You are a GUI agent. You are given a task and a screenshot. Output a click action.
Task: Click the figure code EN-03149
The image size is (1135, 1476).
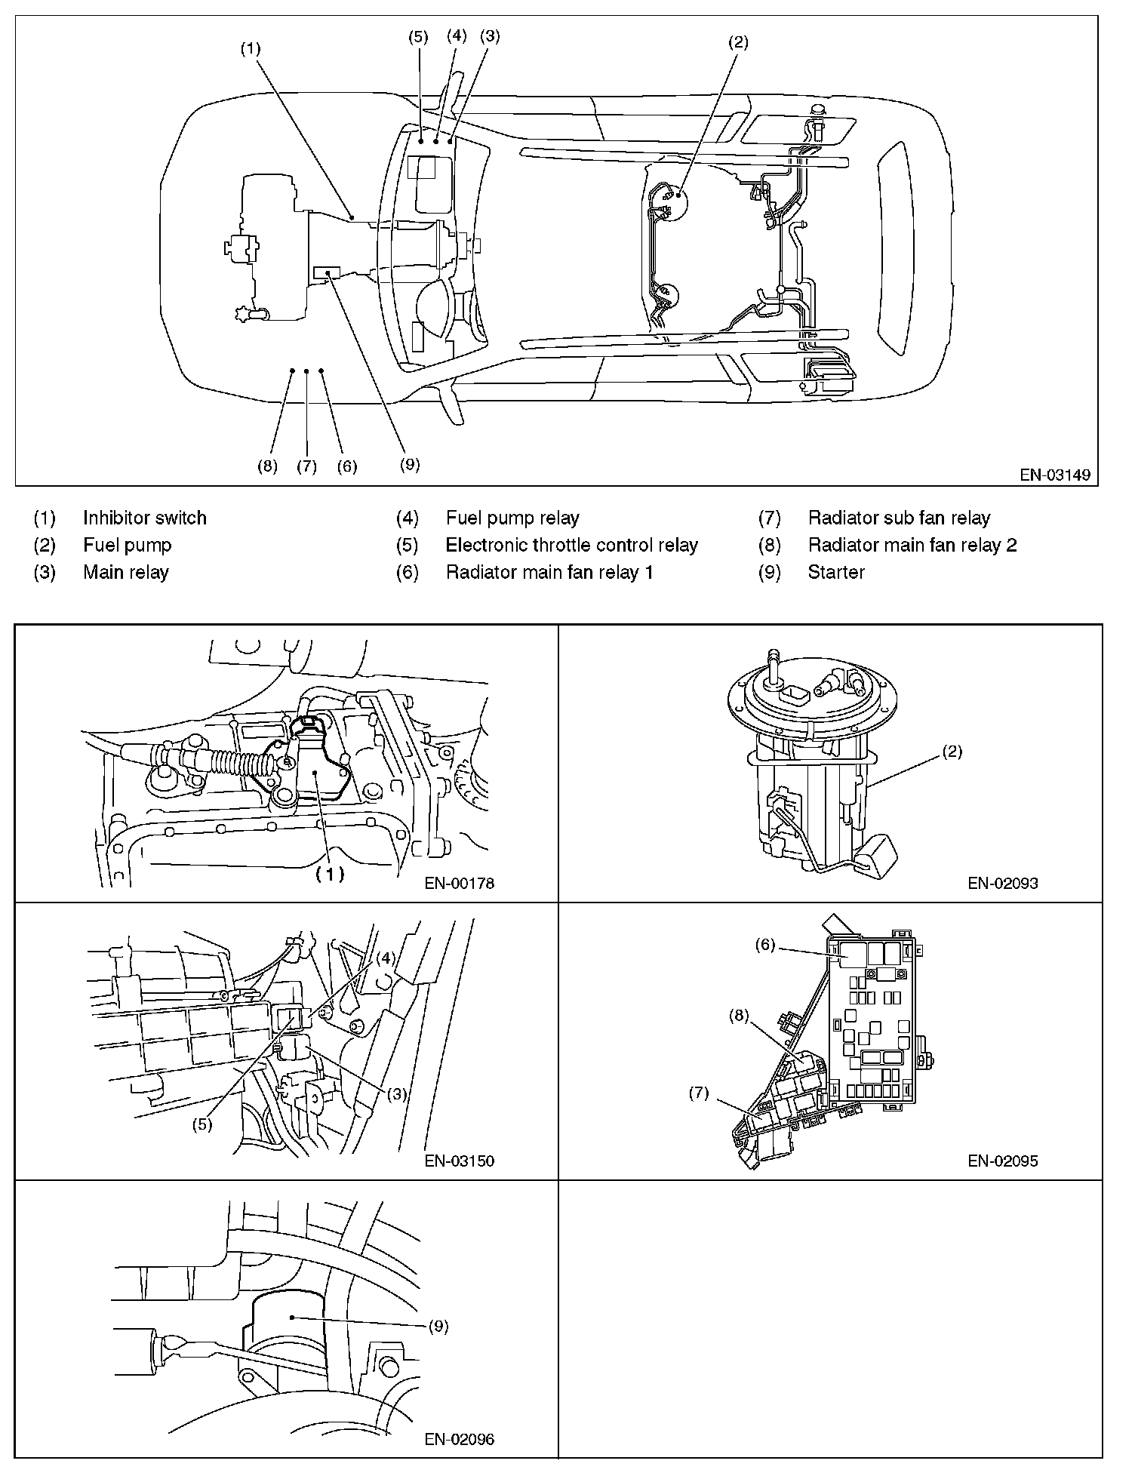pyautogui.click(x=1054, y=475)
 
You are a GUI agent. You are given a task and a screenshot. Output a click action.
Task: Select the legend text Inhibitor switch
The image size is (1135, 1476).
pyautogui.click(x=144, y=518)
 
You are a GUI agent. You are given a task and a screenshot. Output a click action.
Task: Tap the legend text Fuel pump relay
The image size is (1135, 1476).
pyautogui.click(x=512, y=518)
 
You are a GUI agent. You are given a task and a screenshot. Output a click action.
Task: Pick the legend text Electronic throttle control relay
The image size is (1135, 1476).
pyautogui.click(x=571, y=546)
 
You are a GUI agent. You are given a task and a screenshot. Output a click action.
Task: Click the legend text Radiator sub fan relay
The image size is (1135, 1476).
pyautogui.click(x=899, y=518)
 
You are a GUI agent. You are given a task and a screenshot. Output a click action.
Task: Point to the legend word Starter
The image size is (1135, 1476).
pyautogui.click(x=835, y=573)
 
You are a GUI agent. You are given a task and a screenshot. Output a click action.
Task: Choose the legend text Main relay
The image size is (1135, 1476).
pyautogui.click(x=125, y=573)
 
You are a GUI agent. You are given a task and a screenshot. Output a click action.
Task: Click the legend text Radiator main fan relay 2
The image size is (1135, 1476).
pyautogui.click(x=912, y=546)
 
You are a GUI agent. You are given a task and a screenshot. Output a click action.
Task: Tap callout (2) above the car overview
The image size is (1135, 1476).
pyautogui.click(x=737, y=43)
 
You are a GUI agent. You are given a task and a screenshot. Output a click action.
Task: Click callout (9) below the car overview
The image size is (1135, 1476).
pyautogui.click(x=409, y=465)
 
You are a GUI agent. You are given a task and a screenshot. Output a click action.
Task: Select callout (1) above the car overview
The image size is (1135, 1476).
pyautogui.click(x=251, y=49)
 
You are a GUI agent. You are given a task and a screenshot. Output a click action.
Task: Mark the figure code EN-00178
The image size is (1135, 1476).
pyautogui.click(x=459, y=883)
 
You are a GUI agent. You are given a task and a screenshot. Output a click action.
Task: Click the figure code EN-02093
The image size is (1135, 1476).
pyautogui.click(x=1003, y=883)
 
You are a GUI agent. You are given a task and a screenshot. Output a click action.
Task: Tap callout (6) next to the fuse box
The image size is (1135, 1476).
pyautogui.click(x=765, y=945)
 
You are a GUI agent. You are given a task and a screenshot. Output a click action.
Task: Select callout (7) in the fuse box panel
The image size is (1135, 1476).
pyautogui.click(x=699, y=1093)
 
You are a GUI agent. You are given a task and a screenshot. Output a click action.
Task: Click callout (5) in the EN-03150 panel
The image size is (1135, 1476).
pyautogui.click(x=201, y=1124)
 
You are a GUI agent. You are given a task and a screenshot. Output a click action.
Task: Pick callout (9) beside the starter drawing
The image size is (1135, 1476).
pyautogui.click(x=438, y=1327)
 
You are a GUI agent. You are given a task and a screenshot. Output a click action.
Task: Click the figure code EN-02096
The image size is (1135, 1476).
pyautogui.click(x=459, y=1439)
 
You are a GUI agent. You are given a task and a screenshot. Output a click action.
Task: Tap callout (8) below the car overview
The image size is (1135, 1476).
pyautogui.click(x=267, y=466)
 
